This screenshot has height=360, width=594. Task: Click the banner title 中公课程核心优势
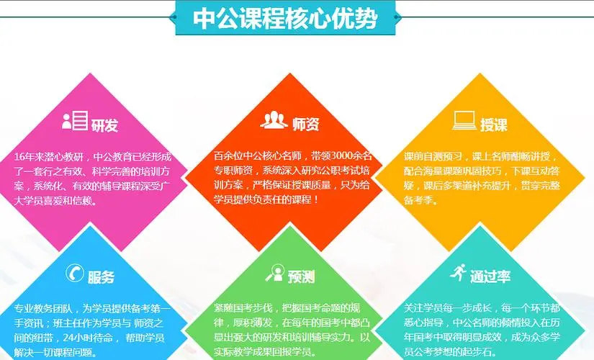(x=285, y=18)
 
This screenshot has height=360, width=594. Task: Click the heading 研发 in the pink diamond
(x=104, y=125)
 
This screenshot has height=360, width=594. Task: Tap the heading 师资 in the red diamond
(x=305, y=125)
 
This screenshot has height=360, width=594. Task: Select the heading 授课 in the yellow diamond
(x=494, y=125)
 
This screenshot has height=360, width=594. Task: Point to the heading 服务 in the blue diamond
(x=101, y=277)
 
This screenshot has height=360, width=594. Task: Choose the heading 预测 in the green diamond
(x=301, y=277)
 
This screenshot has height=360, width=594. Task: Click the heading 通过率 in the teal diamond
(x=490, y=276)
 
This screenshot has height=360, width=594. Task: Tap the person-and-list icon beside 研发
(x=75, y=120)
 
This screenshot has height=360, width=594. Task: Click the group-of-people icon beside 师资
(x=274, y=120)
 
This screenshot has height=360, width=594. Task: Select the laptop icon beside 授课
(x=464, y=120)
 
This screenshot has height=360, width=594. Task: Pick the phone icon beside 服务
(x=74, y=273)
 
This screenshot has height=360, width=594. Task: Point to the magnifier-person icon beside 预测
(x=275, y=272)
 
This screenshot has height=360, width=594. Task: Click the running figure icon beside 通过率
(x=458, y=272)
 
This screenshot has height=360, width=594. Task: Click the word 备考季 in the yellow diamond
(x=418, y=200)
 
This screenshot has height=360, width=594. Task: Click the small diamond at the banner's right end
(x=397, y=17)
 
